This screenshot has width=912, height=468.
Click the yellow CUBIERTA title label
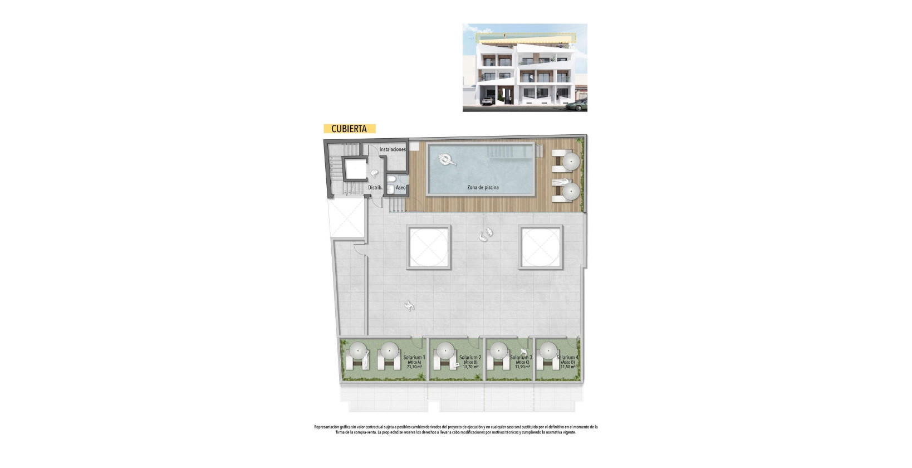[349, 129]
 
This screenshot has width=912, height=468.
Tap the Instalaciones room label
[393, 149]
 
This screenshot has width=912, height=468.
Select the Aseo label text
[401, 188]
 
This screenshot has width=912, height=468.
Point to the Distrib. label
[375, 188]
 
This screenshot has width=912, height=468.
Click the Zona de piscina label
[483, 188]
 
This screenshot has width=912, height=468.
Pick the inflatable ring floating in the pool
[446, 160]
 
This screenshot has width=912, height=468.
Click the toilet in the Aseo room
[392, 179]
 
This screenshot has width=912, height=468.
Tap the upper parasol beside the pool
[571, 162]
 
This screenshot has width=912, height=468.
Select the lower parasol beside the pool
[571, 191]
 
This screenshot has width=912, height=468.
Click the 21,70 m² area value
[414, 367]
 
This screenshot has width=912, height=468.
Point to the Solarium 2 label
[470, 358]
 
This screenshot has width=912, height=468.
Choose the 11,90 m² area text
[522, 367]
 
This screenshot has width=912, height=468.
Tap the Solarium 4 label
[567, 358]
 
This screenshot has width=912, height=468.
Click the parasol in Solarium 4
[548, 350]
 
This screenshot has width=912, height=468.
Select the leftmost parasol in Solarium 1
[356, 350]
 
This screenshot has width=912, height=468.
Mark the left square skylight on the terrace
[428, 247]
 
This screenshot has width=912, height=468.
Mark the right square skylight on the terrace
[541, 247]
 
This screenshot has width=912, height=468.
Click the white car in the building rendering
[487, 101]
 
